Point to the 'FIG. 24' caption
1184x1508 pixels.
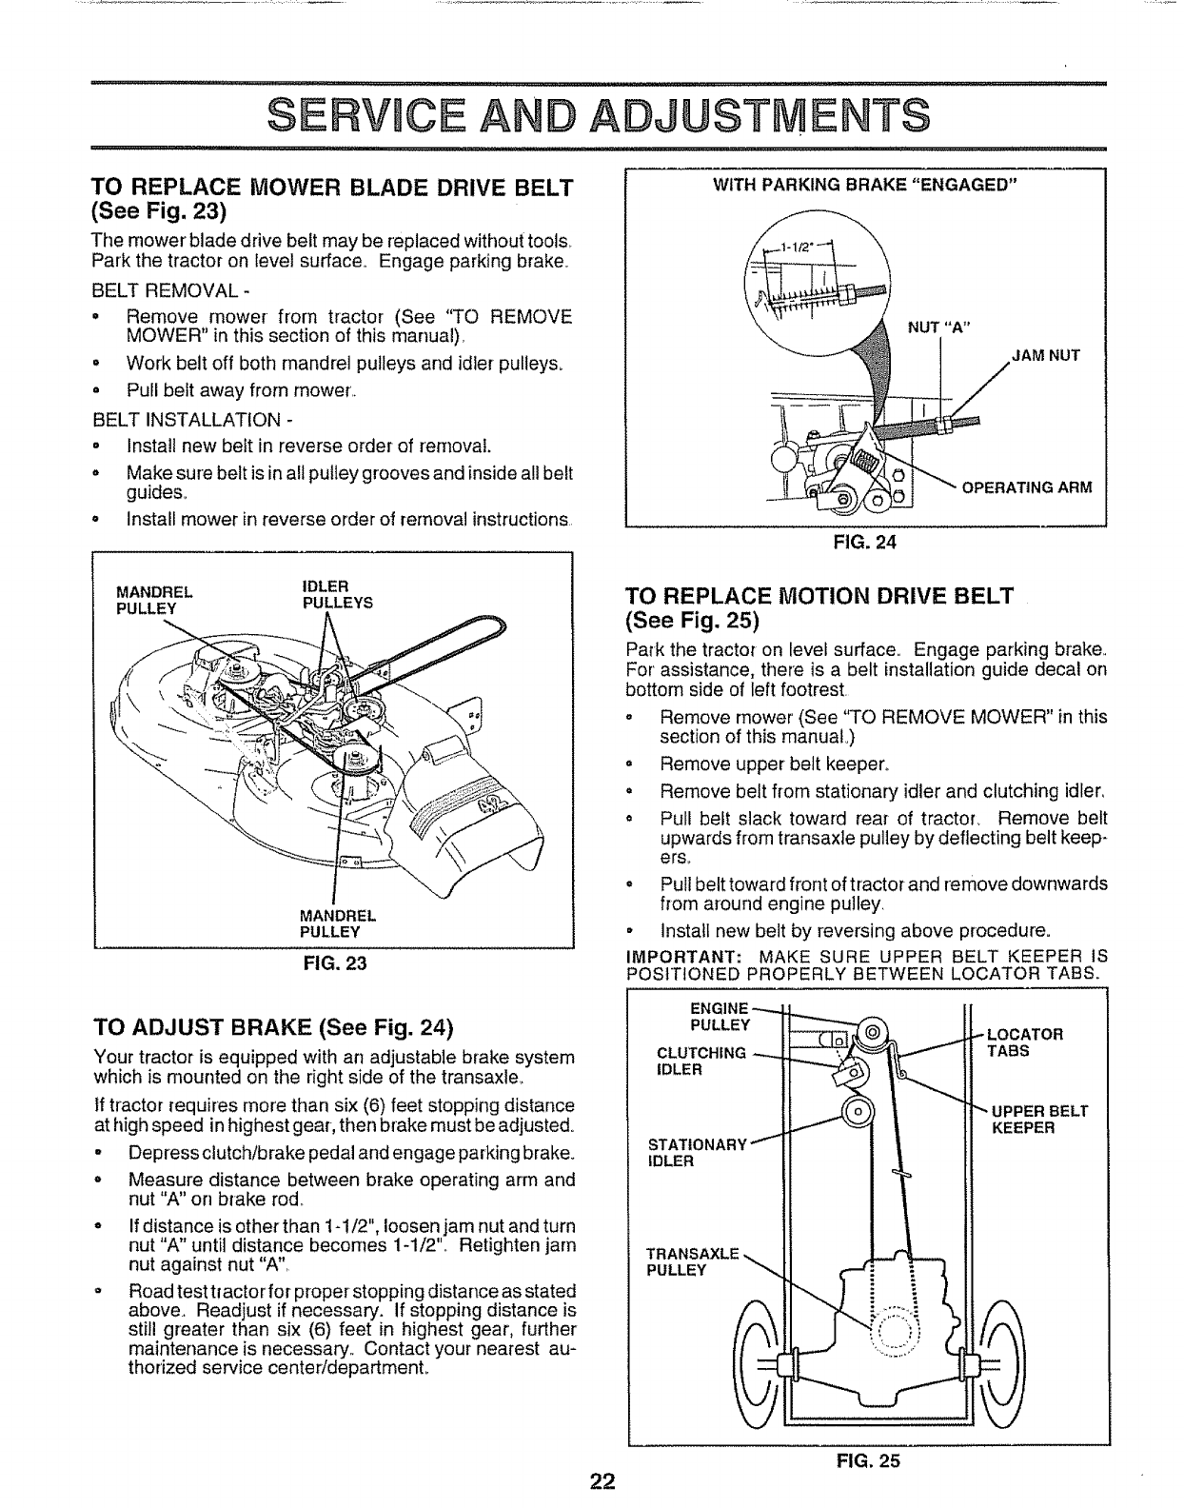pyautogui.click(x=865, y=544)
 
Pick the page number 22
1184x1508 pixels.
pyautogui.click(x=601, y=1481)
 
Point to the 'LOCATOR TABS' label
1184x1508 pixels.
pyautogui.click(x=1024, y=1042)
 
